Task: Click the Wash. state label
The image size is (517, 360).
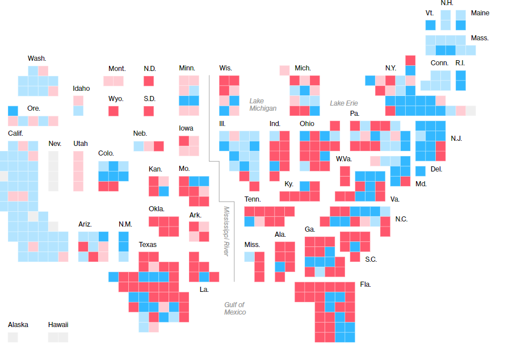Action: [x=37, y=58]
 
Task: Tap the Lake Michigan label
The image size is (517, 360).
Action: [x=263, y=104]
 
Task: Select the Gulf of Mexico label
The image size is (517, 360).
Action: [x=235, y=308]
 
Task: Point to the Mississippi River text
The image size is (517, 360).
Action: [x=226, y=231]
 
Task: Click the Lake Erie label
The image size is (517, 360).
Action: [x=344, y=103]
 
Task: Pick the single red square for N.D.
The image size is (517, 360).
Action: [x=149, y=81]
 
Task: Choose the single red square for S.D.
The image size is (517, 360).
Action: [x=149, y=111]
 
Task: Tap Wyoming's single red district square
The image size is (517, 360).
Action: [x=114, y=111]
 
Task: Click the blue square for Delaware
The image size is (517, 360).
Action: [x=420, y=170]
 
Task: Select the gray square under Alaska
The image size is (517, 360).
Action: [x=12, y=337]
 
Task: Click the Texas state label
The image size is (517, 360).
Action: [x=148, y=245]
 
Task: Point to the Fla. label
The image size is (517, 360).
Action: [x=365, y=284]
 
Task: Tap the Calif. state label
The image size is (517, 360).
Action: [x=16, y=133]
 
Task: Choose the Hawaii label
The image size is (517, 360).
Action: [x=58, y=325]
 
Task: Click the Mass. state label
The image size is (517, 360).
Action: [x=480, y=38]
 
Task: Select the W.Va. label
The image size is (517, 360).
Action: [x=344, y=158]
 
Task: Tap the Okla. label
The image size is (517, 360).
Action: [x=157, y=208]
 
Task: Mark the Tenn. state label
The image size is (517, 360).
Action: [x=253, y=199]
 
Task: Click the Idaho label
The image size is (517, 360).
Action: [x=81, y=89]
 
